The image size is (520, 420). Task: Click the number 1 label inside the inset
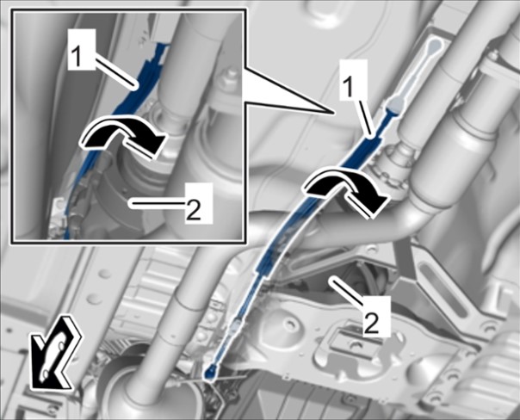pos(82,49)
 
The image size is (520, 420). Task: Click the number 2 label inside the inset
pos(199,203)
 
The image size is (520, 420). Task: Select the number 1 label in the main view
pos(354,79)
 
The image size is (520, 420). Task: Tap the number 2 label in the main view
pos(377,316)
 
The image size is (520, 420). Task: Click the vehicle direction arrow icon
pos(56,353)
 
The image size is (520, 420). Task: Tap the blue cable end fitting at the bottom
pos(210,371)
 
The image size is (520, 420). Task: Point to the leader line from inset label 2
pos(158,204)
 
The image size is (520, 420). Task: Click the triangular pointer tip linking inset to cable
pos(332,113)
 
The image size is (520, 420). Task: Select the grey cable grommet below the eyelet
pos(394,106)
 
